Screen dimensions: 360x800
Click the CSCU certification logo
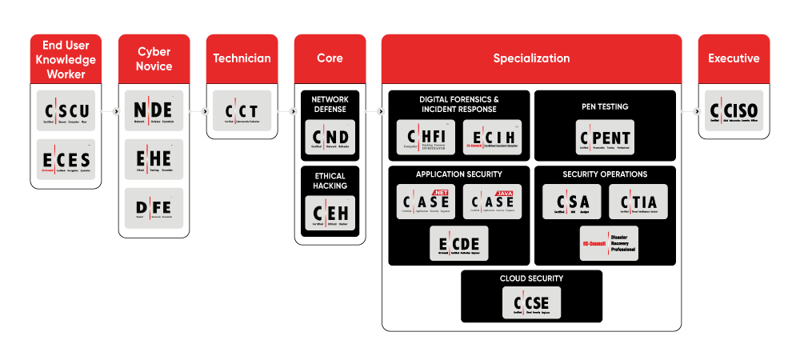point(66,111)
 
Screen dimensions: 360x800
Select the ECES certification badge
point(66,159)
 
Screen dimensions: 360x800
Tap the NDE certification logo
point(154,111)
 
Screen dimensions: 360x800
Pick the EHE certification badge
point(154,159)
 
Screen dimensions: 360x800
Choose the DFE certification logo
point(154,208)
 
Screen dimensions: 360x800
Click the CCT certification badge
point(242,111)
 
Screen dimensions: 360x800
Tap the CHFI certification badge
point(426,137)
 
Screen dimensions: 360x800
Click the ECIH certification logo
point(493,137)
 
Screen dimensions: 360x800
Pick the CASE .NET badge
point(426,202)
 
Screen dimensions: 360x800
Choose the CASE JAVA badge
point(493,202)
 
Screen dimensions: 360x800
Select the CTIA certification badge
point(638,202)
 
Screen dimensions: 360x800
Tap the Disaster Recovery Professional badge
point(609,243)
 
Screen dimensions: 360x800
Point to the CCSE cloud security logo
point(532,303)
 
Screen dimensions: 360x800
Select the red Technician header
point(242,58)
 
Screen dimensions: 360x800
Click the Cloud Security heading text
point(532,278)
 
